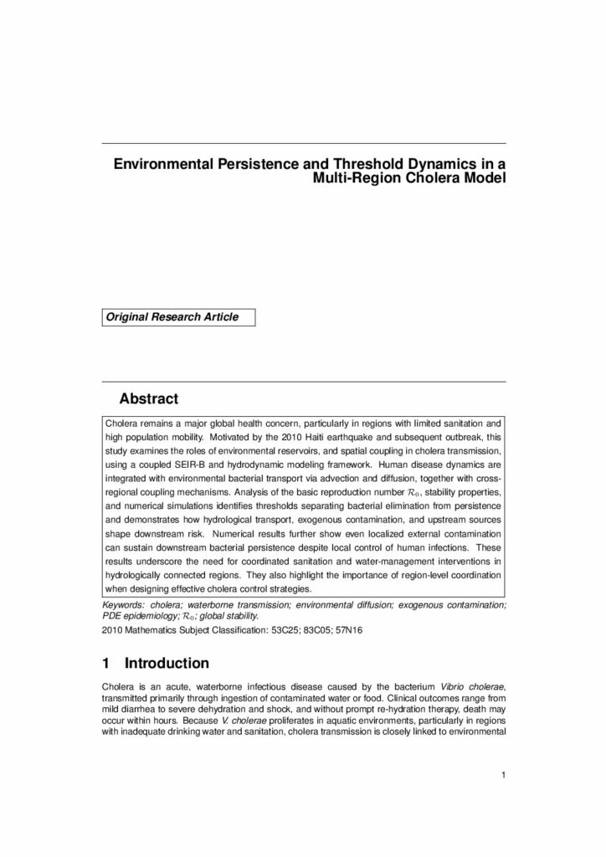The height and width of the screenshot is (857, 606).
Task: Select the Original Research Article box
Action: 178,317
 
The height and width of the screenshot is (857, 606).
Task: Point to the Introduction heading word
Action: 167,664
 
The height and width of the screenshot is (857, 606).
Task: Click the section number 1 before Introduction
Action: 106,664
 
